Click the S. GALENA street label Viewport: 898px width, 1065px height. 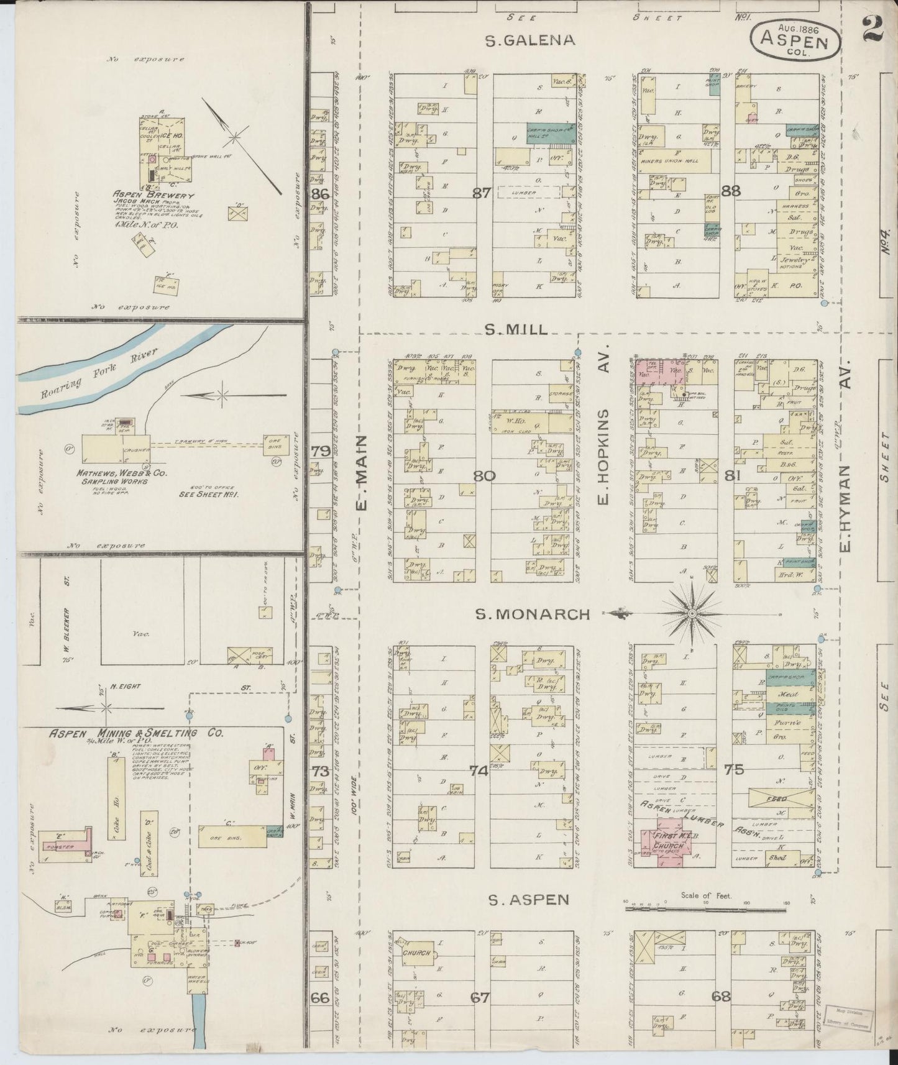pos(530,42)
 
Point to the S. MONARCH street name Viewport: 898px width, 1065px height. pos(533,615)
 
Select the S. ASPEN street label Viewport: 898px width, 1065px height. pos(528,899)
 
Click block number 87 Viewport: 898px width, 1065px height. pos(482,193)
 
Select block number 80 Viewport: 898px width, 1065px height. pos(484,476)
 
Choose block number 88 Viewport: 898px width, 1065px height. pos(731,191)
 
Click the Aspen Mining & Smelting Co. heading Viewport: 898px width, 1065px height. pos(137,733)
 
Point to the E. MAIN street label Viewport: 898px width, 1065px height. pos(362,472)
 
